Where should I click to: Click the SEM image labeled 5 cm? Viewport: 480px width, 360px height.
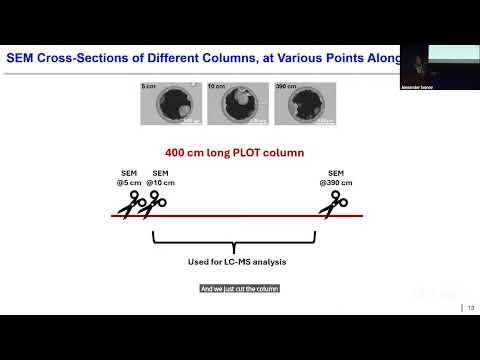click(x=164, y=104)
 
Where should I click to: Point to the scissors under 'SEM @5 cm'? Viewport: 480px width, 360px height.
click(x=127, y=207)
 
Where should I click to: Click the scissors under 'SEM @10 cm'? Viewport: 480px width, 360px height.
click(x=153, y=204)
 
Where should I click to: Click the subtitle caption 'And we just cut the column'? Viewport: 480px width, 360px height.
click(x=239, y=289)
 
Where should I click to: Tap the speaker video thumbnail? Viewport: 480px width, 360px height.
click(x=439, y=66)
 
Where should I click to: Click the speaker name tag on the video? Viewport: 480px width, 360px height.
click(x=417, y=88)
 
